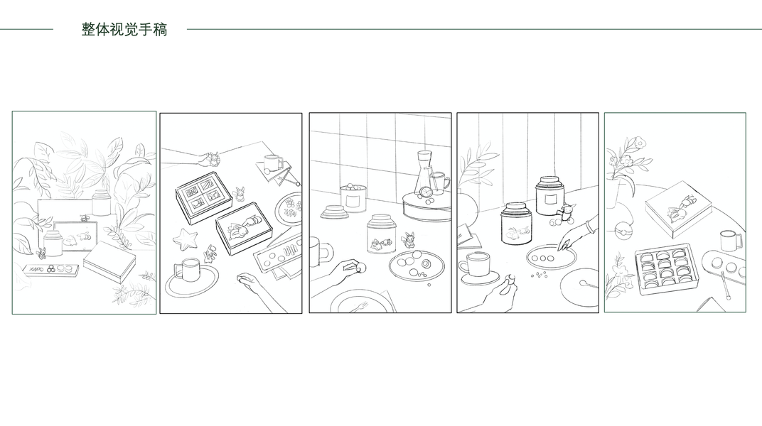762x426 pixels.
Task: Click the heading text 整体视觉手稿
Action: click(124, 30)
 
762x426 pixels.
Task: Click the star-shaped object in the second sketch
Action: click(185, 240)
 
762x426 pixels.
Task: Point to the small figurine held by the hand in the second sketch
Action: click(213, 158)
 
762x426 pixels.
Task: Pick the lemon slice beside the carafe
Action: click(426, 192)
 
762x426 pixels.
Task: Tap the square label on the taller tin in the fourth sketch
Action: click(550, 199)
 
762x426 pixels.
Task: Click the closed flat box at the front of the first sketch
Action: click(109, 262)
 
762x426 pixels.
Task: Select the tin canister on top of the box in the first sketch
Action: click(101, 202)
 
